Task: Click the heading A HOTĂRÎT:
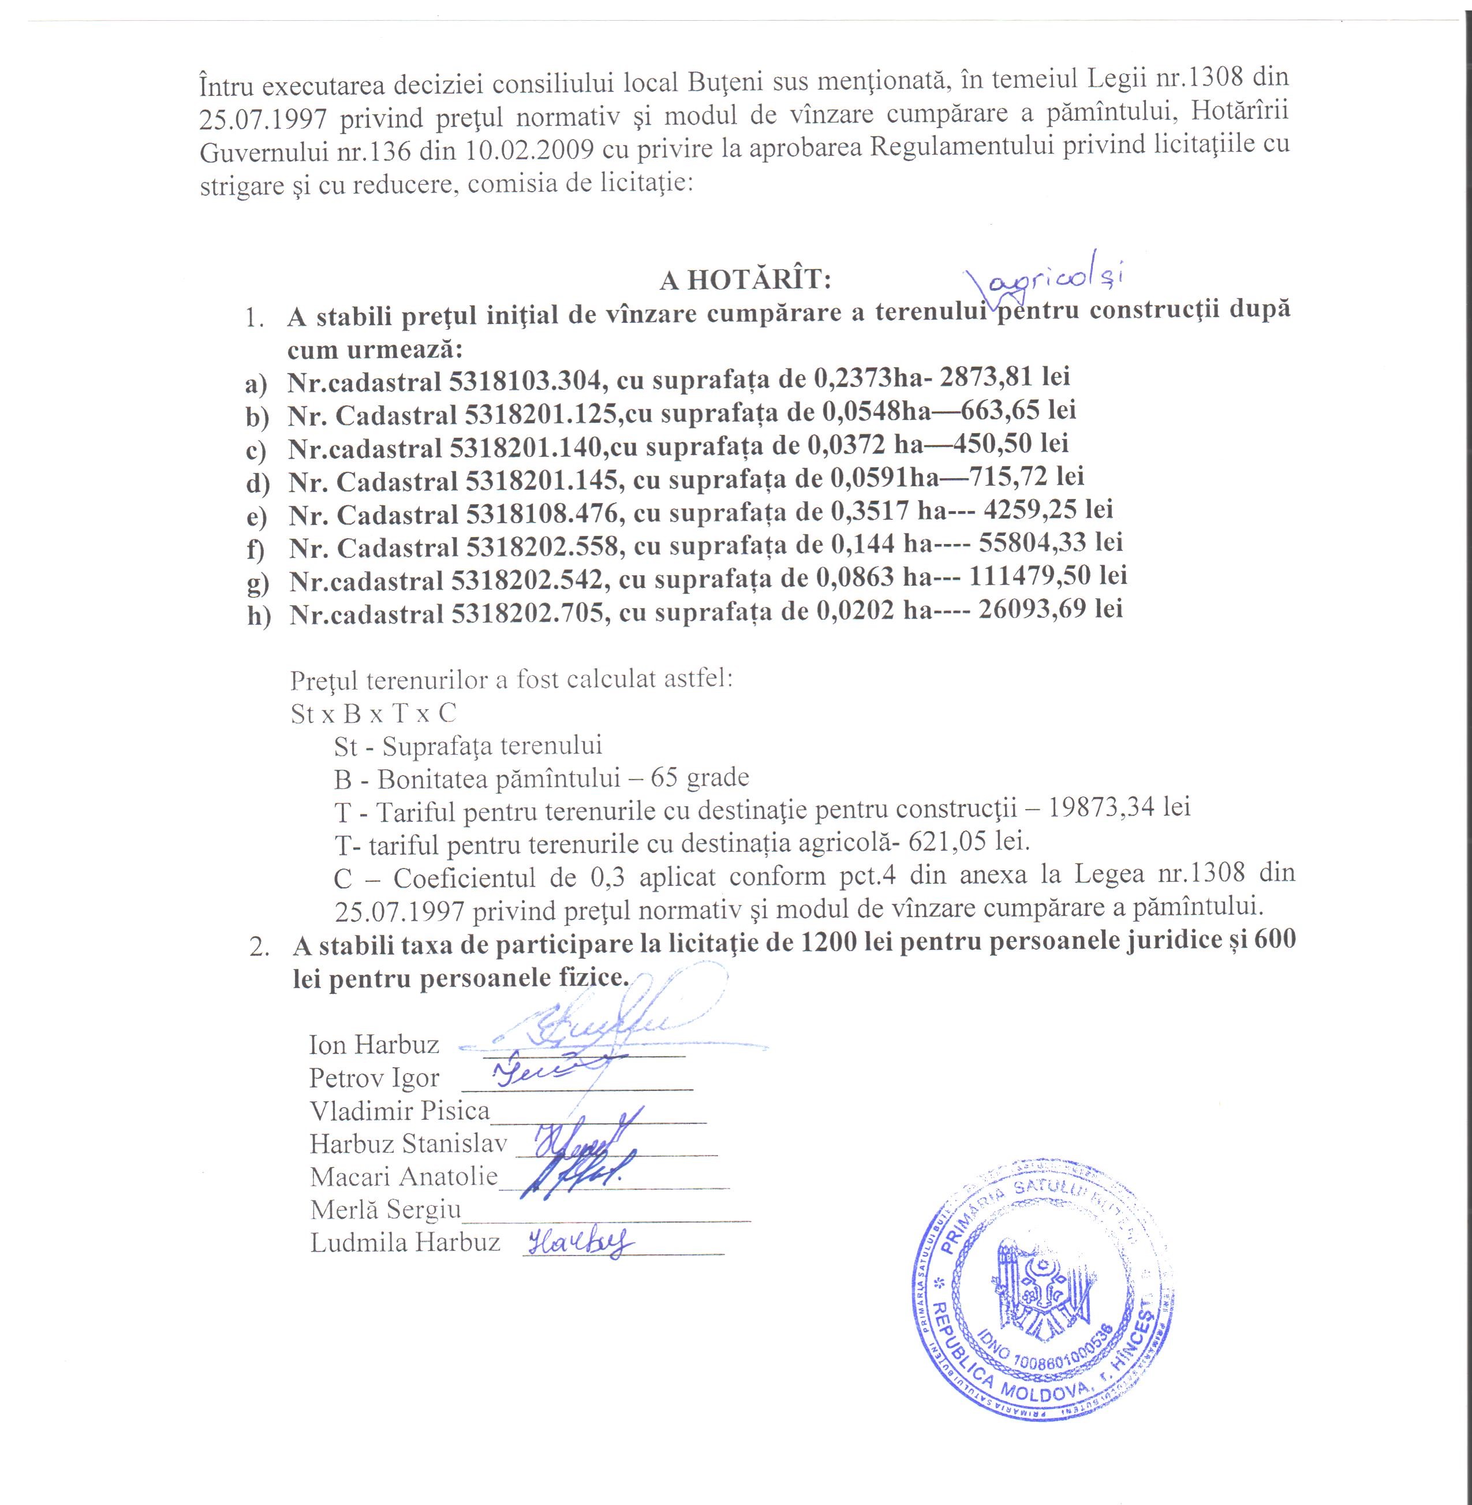[745, 280]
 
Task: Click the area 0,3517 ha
[873, 511]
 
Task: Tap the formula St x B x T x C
[373, 713]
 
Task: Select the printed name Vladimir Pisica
[399, 1111]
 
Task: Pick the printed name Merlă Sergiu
[386, 1209]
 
